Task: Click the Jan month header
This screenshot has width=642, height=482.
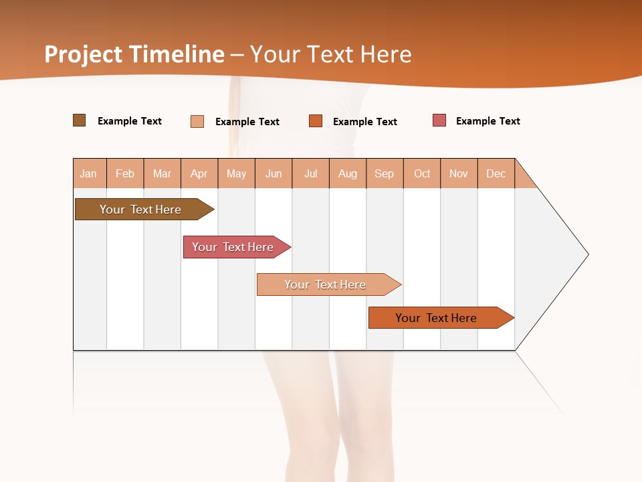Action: click(x=89, y=173)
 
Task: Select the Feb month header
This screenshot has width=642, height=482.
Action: click(x=125, y=173)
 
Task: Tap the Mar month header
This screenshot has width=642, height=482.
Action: click(x=162, y=173)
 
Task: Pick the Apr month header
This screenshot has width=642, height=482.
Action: click(x=199, y=173)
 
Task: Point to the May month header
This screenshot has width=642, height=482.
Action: click(x=236, y=173)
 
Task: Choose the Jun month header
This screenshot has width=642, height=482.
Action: click(x=274, y=173)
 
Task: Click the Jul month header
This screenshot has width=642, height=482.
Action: click(x=310, y=173)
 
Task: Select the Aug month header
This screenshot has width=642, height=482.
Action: click(x=348, y=173)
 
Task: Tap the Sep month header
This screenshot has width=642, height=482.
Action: click(x=385, y=173)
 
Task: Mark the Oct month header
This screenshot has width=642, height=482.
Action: click(x=422, y=173)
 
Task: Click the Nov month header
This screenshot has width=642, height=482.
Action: click(x=459, y=173)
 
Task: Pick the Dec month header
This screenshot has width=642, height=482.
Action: click(x=496, y=173)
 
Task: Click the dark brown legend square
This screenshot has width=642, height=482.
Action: click(x=79, y=120)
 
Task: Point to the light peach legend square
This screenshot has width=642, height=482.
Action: click(x=197, y=121)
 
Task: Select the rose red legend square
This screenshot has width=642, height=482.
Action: click(x=439, y=120)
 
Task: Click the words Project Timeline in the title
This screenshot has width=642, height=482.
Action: click(x=134, y=54)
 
